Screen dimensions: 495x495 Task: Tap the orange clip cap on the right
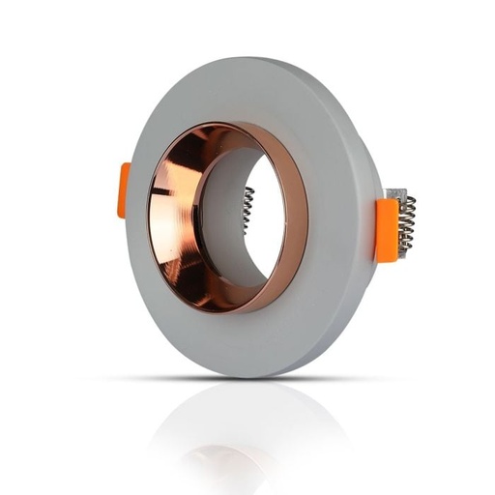tap(386, 229)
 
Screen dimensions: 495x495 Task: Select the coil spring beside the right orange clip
tap(407, 223)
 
